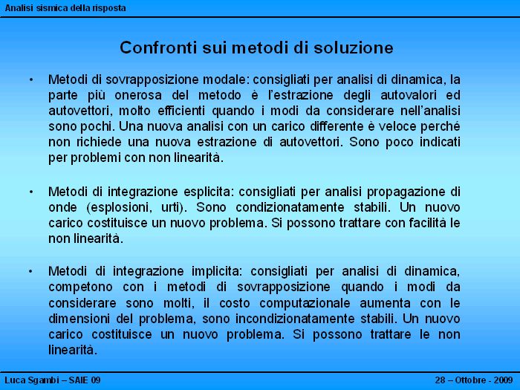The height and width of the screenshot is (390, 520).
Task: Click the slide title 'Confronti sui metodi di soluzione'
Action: click(x=256, y=48)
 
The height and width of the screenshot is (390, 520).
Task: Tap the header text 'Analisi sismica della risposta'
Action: click(x=65, y=8)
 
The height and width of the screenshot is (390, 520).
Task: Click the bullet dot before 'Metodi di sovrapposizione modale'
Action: click(x=31, y=79)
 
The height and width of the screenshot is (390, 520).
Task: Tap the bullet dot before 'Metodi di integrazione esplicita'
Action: click(x=31, y=192)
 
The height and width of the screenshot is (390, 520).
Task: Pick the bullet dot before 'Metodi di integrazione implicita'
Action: click(x=31, y=271)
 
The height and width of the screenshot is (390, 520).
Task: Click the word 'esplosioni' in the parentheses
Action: click(x=120, y=207)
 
